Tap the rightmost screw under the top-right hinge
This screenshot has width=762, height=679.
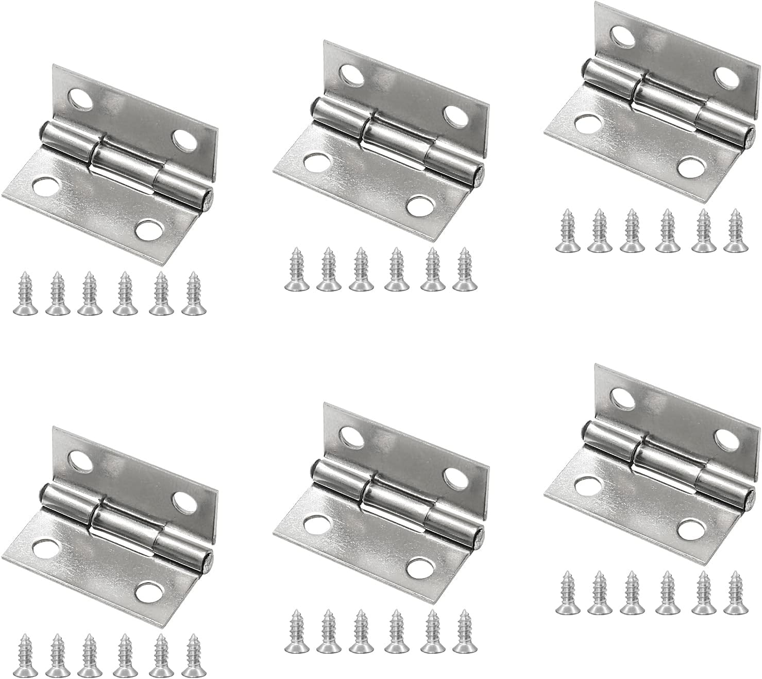(x=734, y=231)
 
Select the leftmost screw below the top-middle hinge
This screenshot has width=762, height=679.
(x=296, y=269)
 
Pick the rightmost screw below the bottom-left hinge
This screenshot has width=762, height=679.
(x=193, y=656)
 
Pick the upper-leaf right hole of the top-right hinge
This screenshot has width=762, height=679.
(x=726, y=78)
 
